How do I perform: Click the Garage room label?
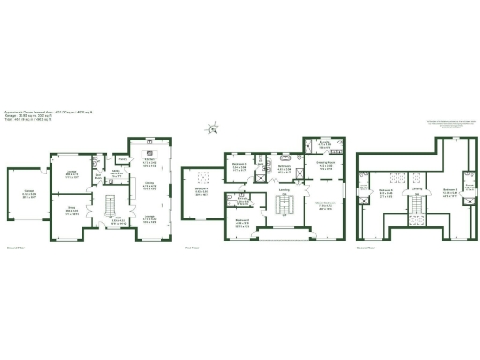coord(25,195)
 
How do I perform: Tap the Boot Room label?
coord(98,174)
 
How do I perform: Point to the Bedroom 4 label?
coord(202,191)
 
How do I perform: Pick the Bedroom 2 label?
coord(243,221)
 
